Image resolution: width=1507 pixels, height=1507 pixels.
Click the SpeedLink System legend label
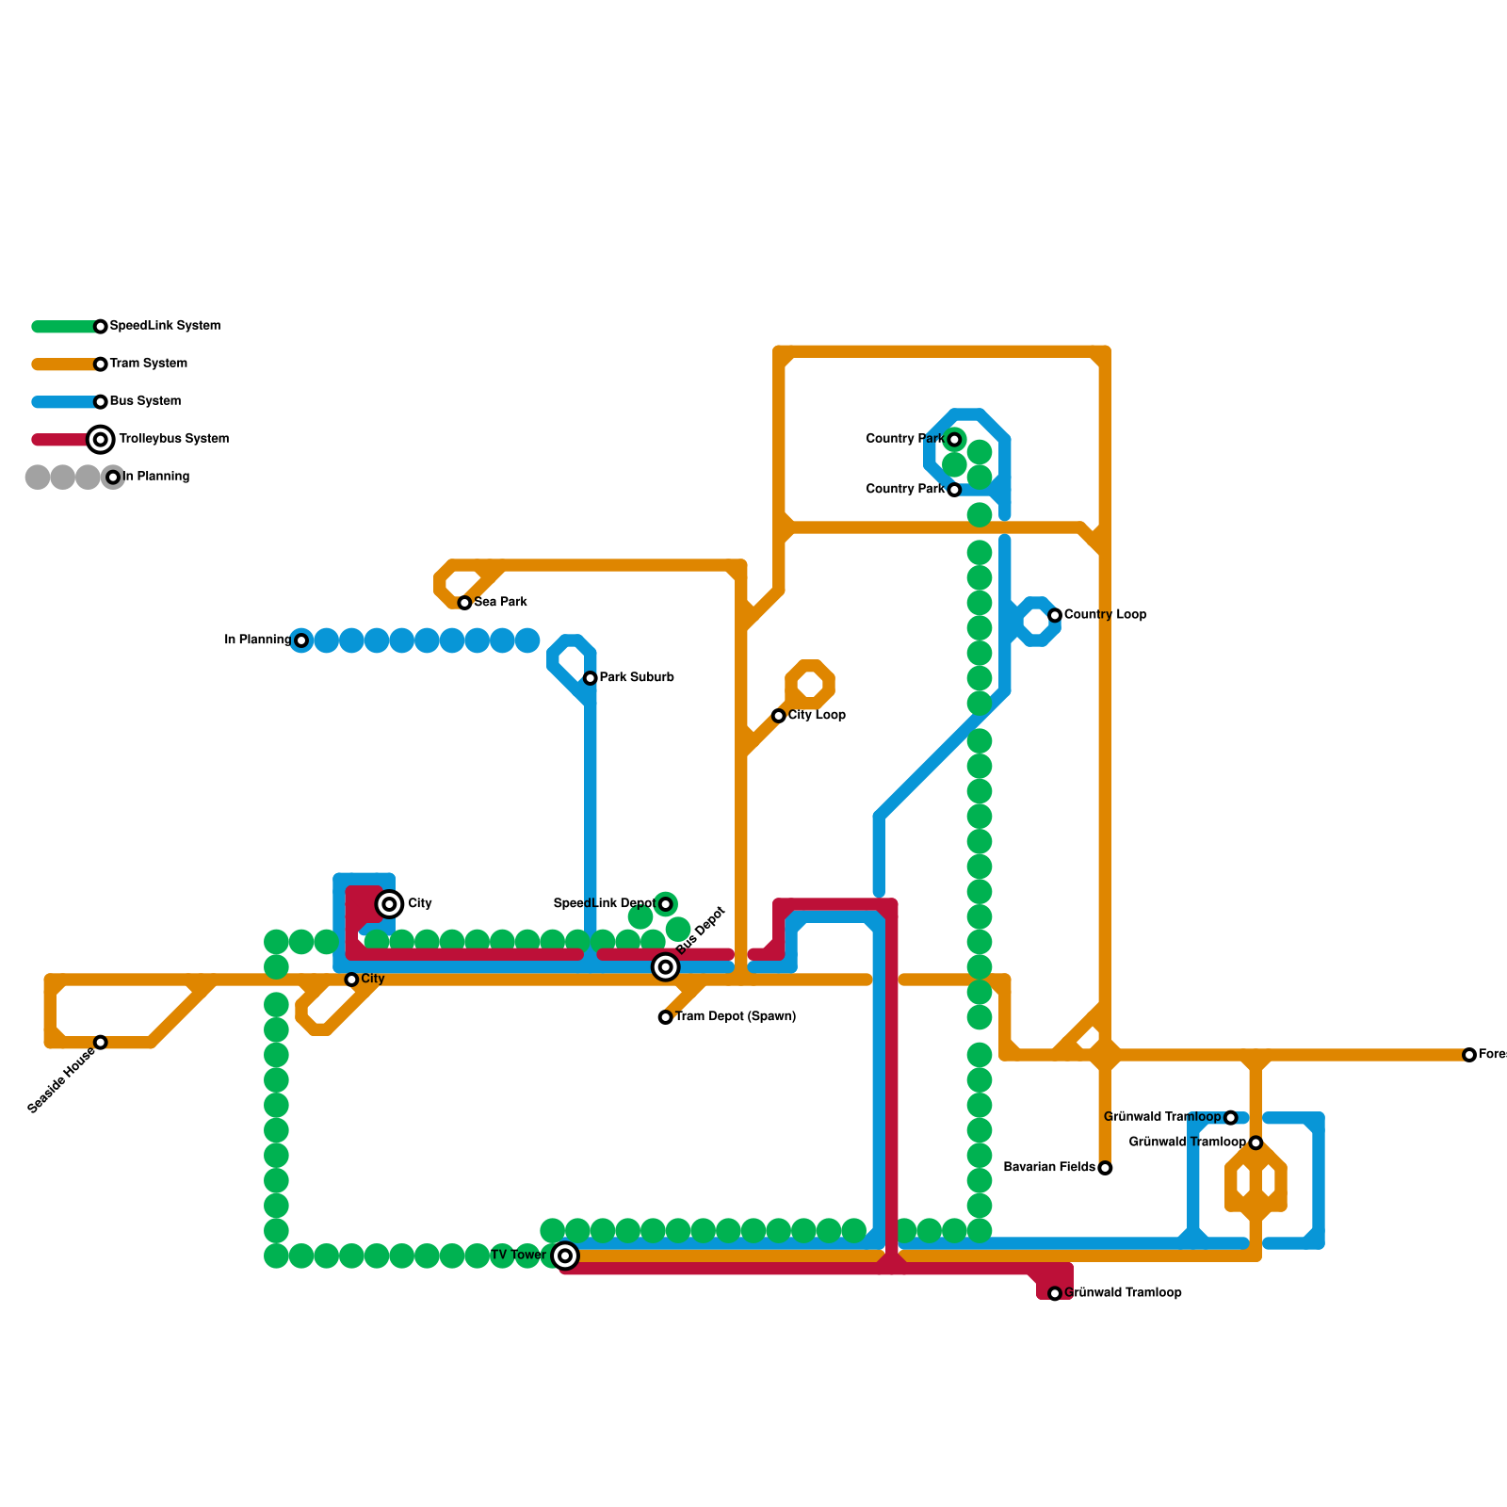[165, 326]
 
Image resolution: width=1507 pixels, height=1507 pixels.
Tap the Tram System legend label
[148, 364]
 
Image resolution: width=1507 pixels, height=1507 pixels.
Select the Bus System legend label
[145, 401]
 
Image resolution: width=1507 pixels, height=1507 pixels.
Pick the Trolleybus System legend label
[173, 439]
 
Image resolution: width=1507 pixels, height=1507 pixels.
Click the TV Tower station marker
[565, 1256]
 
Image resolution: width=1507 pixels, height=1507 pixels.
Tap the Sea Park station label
[500, 602]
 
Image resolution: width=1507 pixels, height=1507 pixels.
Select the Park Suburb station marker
[590, 678]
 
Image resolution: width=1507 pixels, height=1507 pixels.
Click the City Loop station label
[817, 715]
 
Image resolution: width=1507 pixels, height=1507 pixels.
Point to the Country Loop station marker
[1055, 615]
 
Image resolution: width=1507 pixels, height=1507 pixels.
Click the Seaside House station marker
[101, 1042]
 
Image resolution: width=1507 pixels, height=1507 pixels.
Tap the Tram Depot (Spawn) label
[736, 1016]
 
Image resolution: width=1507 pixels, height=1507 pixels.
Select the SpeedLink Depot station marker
[666, 904]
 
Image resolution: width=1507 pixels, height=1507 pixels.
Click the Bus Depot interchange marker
[666, 966]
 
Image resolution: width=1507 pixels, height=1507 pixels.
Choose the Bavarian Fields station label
[1049, 1167]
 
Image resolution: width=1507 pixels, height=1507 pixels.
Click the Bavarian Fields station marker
[1105, 1168]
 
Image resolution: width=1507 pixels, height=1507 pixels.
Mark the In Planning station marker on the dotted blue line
[301, 640]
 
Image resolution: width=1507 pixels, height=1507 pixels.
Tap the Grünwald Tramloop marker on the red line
[1055, 1293]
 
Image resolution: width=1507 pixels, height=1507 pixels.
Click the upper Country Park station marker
[954, 439]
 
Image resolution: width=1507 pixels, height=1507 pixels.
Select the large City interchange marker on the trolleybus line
[389, 904]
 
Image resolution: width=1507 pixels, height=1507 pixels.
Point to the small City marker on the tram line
[351, 980]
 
